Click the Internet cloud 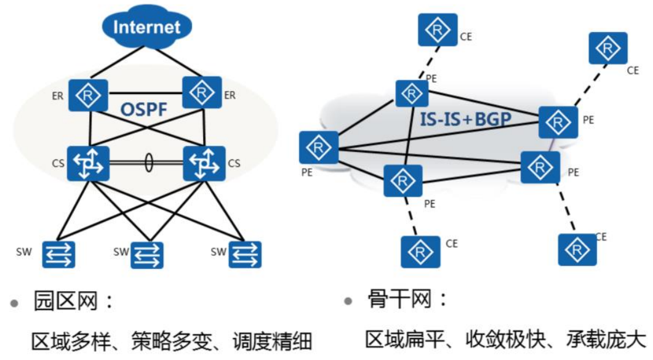tap(147, 27)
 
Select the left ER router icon tap(88, 95)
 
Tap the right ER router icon tap(201, 93)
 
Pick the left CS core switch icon tap(88, 164)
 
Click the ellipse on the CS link tap(148, 163)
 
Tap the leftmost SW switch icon tap(58, 254)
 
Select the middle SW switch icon tap(148, 254)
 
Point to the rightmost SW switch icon tap(245, 254)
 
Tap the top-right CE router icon tap(608, 49)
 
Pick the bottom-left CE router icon tap(421, 252)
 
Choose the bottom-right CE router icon tap(577, 249)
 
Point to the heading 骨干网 tap(399, 301)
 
